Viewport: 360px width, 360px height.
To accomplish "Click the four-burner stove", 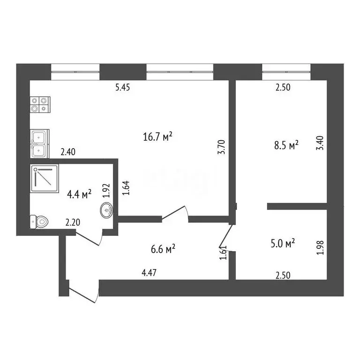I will click(39, 104).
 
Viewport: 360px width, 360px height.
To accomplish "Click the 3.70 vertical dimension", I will click(223, 147).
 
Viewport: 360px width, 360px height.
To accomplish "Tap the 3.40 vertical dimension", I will click(320, 142).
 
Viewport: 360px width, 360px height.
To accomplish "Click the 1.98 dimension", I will click(320, 247).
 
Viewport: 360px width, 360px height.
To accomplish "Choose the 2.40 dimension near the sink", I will click(68, 151).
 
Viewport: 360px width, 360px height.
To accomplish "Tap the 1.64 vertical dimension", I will click(125, 188).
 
